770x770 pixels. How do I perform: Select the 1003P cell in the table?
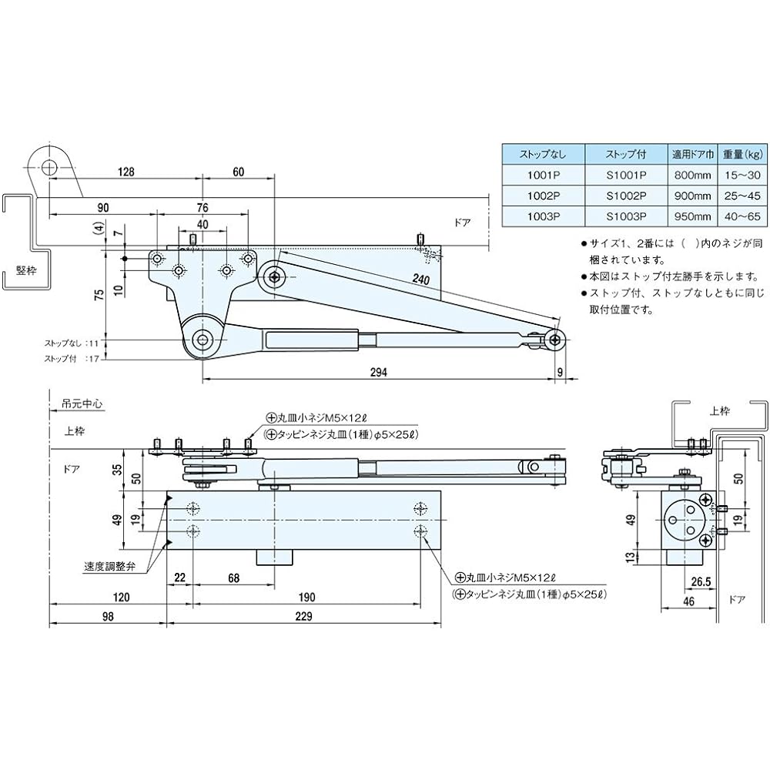pyautogui.click(x=543, y=218)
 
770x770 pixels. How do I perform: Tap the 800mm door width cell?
pyautogui.click(x=694, y=174)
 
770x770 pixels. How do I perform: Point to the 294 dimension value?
pyautogui.click(x=378, y=371)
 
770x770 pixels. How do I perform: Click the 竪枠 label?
pyautogui.click(x=25, y=270)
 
